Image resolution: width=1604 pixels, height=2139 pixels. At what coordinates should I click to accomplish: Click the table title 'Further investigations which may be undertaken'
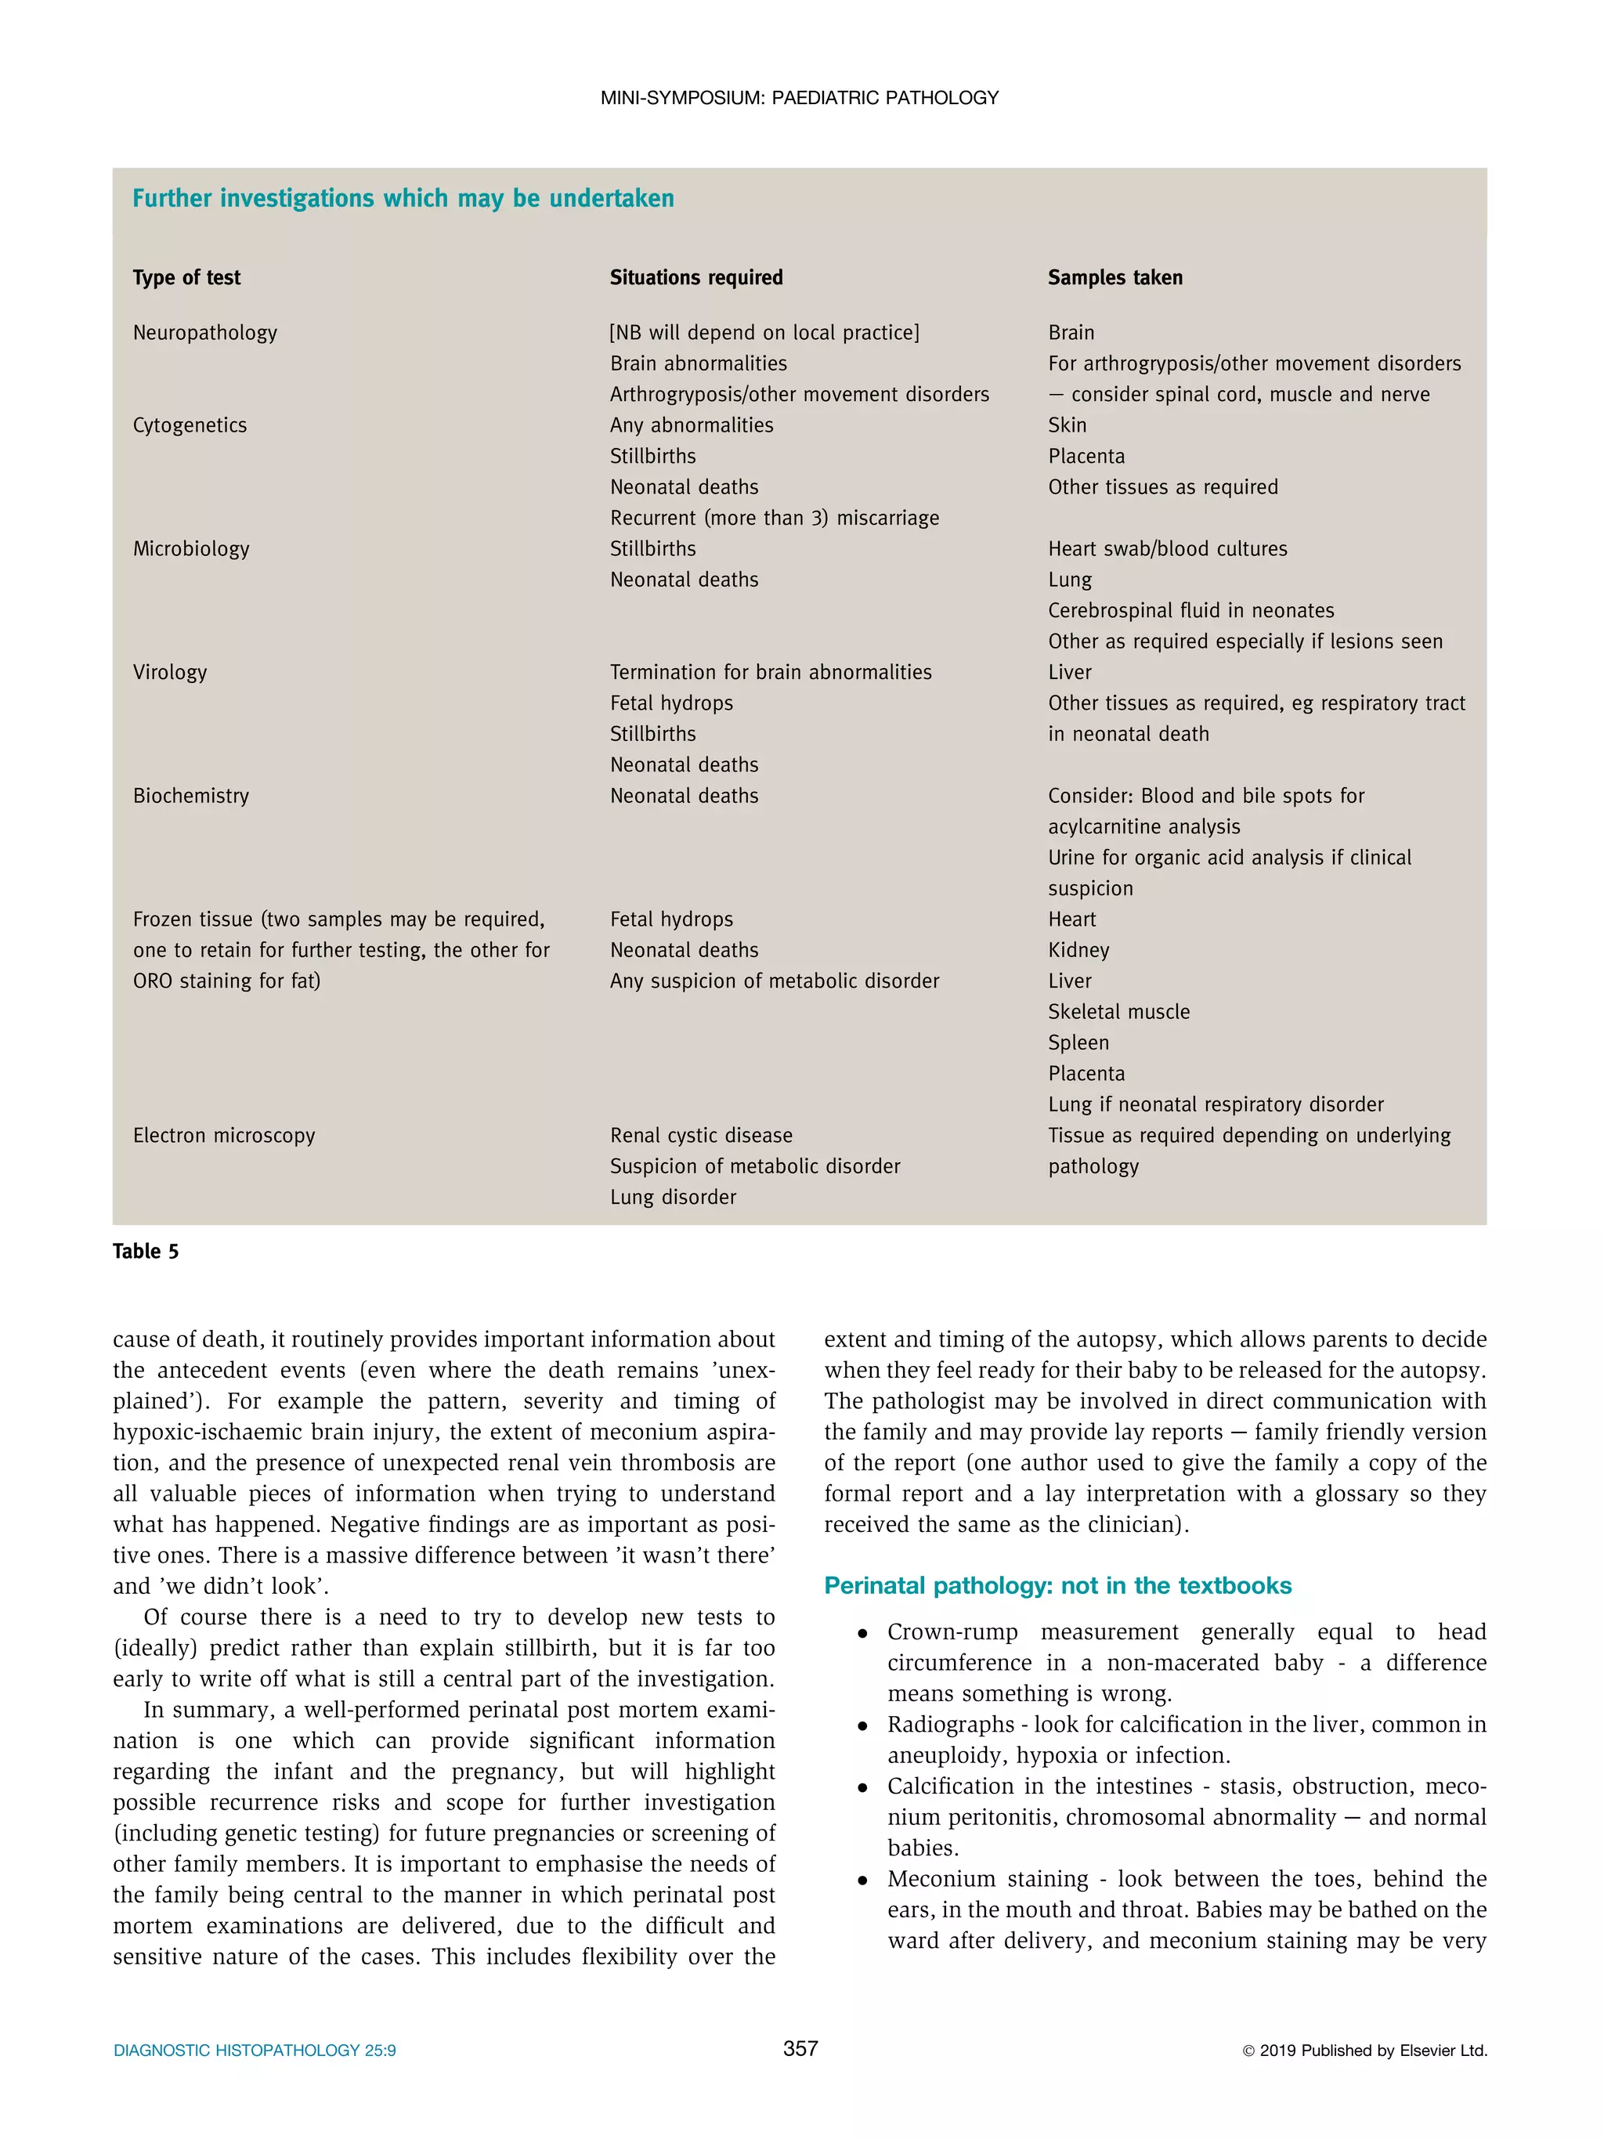tap(403, 198)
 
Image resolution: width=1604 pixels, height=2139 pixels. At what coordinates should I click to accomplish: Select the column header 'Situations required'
tap(696, 277)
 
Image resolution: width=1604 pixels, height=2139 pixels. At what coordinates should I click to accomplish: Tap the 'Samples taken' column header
tap(1114, 277)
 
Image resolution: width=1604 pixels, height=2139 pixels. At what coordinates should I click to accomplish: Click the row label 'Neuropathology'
tap(205, 333)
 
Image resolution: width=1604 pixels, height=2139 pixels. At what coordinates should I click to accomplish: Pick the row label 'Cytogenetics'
tap(190, 425)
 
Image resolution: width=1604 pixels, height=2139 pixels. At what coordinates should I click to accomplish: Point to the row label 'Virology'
tap(170, 672)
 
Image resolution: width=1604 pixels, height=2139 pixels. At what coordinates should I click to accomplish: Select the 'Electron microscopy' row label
tap(224, 1135)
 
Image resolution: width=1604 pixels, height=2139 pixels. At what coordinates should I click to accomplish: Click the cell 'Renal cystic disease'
tap(701, 1135)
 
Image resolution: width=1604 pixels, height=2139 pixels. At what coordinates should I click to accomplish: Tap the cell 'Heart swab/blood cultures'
tap(1167, 549)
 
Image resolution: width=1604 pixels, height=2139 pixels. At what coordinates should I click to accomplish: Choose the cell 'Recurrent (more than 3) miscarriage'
tap(775, 518)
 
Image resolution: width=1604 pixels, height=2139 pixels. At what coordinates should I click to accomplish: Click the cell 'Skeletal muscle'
tap(1118, 1011)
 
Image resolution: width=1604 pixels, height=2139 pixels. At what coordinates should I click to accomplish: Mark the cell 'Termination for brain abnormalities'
tap(771, 672)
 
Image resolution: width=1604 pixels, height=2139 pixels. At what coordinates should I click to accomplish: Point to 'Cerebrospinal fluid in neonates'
tap(1190, 611)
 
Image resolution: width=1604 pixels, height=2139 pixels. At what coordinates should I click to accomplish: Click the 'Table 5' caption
tap(146, 1252)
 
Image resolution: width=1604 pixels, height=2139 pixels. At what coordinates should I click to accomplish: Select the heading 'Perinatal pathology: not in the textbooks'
tap(1058, 1586)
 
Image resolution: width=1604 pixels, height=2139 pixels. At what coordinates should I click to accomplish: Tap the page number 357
tap(800, 2048)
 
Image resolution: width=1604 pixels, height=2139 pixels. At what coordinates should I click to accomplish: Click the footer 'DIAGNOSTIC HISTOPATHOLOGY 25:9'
tap(255, 2050)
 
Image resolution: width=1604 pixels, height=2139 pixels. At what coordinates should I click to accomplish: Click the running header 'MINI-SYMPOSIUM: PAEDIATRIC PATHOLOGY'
tap(800, 98)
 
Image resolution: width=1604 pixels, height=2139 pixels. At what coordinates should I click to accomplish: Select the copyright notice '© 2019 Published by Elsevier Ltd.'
tap(1364, 2050)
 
